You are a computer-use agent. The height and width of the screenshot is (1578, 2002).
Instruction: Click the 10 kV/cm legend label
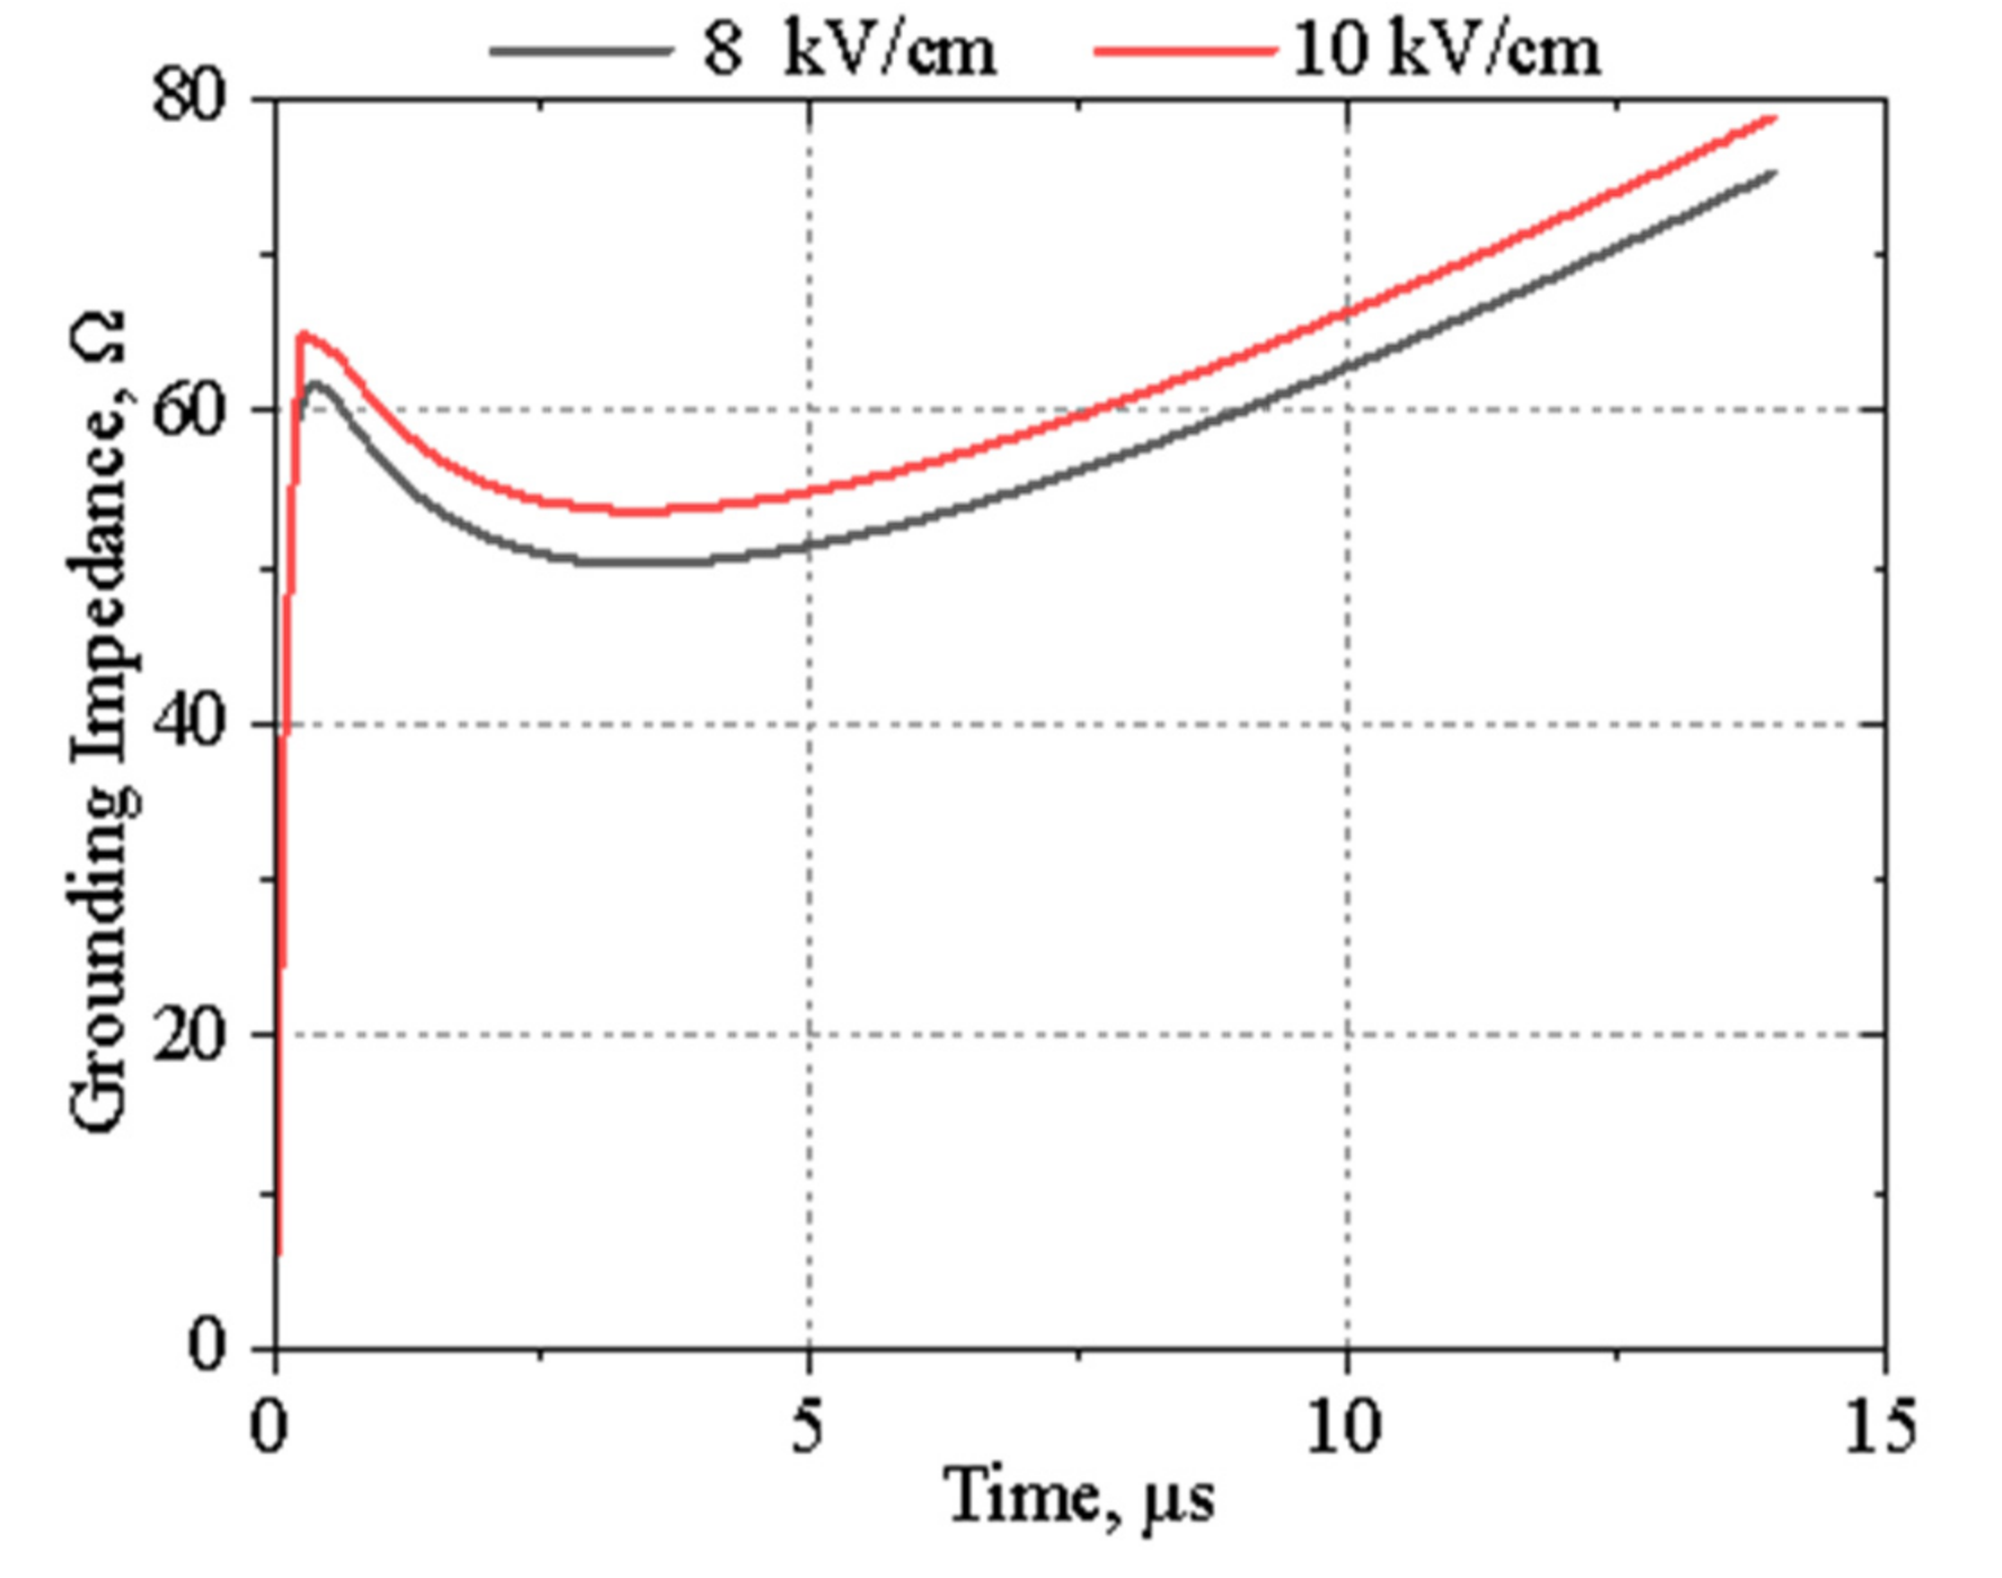tap(1446, 51)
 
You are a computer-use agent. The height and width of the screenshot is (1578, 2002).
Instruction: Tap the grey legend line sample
tap(580, 51)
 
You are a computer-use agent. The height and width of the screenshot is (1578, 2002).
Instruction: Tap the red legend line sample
tap(1185, 51)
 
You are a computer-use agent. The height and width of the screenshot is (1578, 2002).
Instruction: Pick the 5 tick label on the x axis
tap(808, 1427)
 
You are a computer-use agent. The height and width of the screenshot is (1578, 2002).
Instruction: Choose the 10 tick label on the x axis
tap(1344, 1427)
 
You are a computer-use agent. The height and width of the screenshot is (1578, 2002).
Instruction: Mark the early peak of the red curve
tap(301, 334)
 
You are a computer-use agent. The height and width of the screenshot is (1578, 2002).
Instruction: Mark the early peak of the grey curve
tap(316, 383)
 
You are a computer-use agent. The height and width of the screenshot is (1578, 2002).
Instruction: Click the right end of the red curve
tap(1774, 119)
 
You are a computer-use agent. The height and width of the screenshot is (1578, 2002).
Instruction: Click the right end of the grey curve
tap(1774, 173)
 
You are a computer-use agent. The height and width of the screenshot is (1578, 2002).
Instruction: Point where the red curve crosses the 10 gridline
tap(1347, 312)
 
